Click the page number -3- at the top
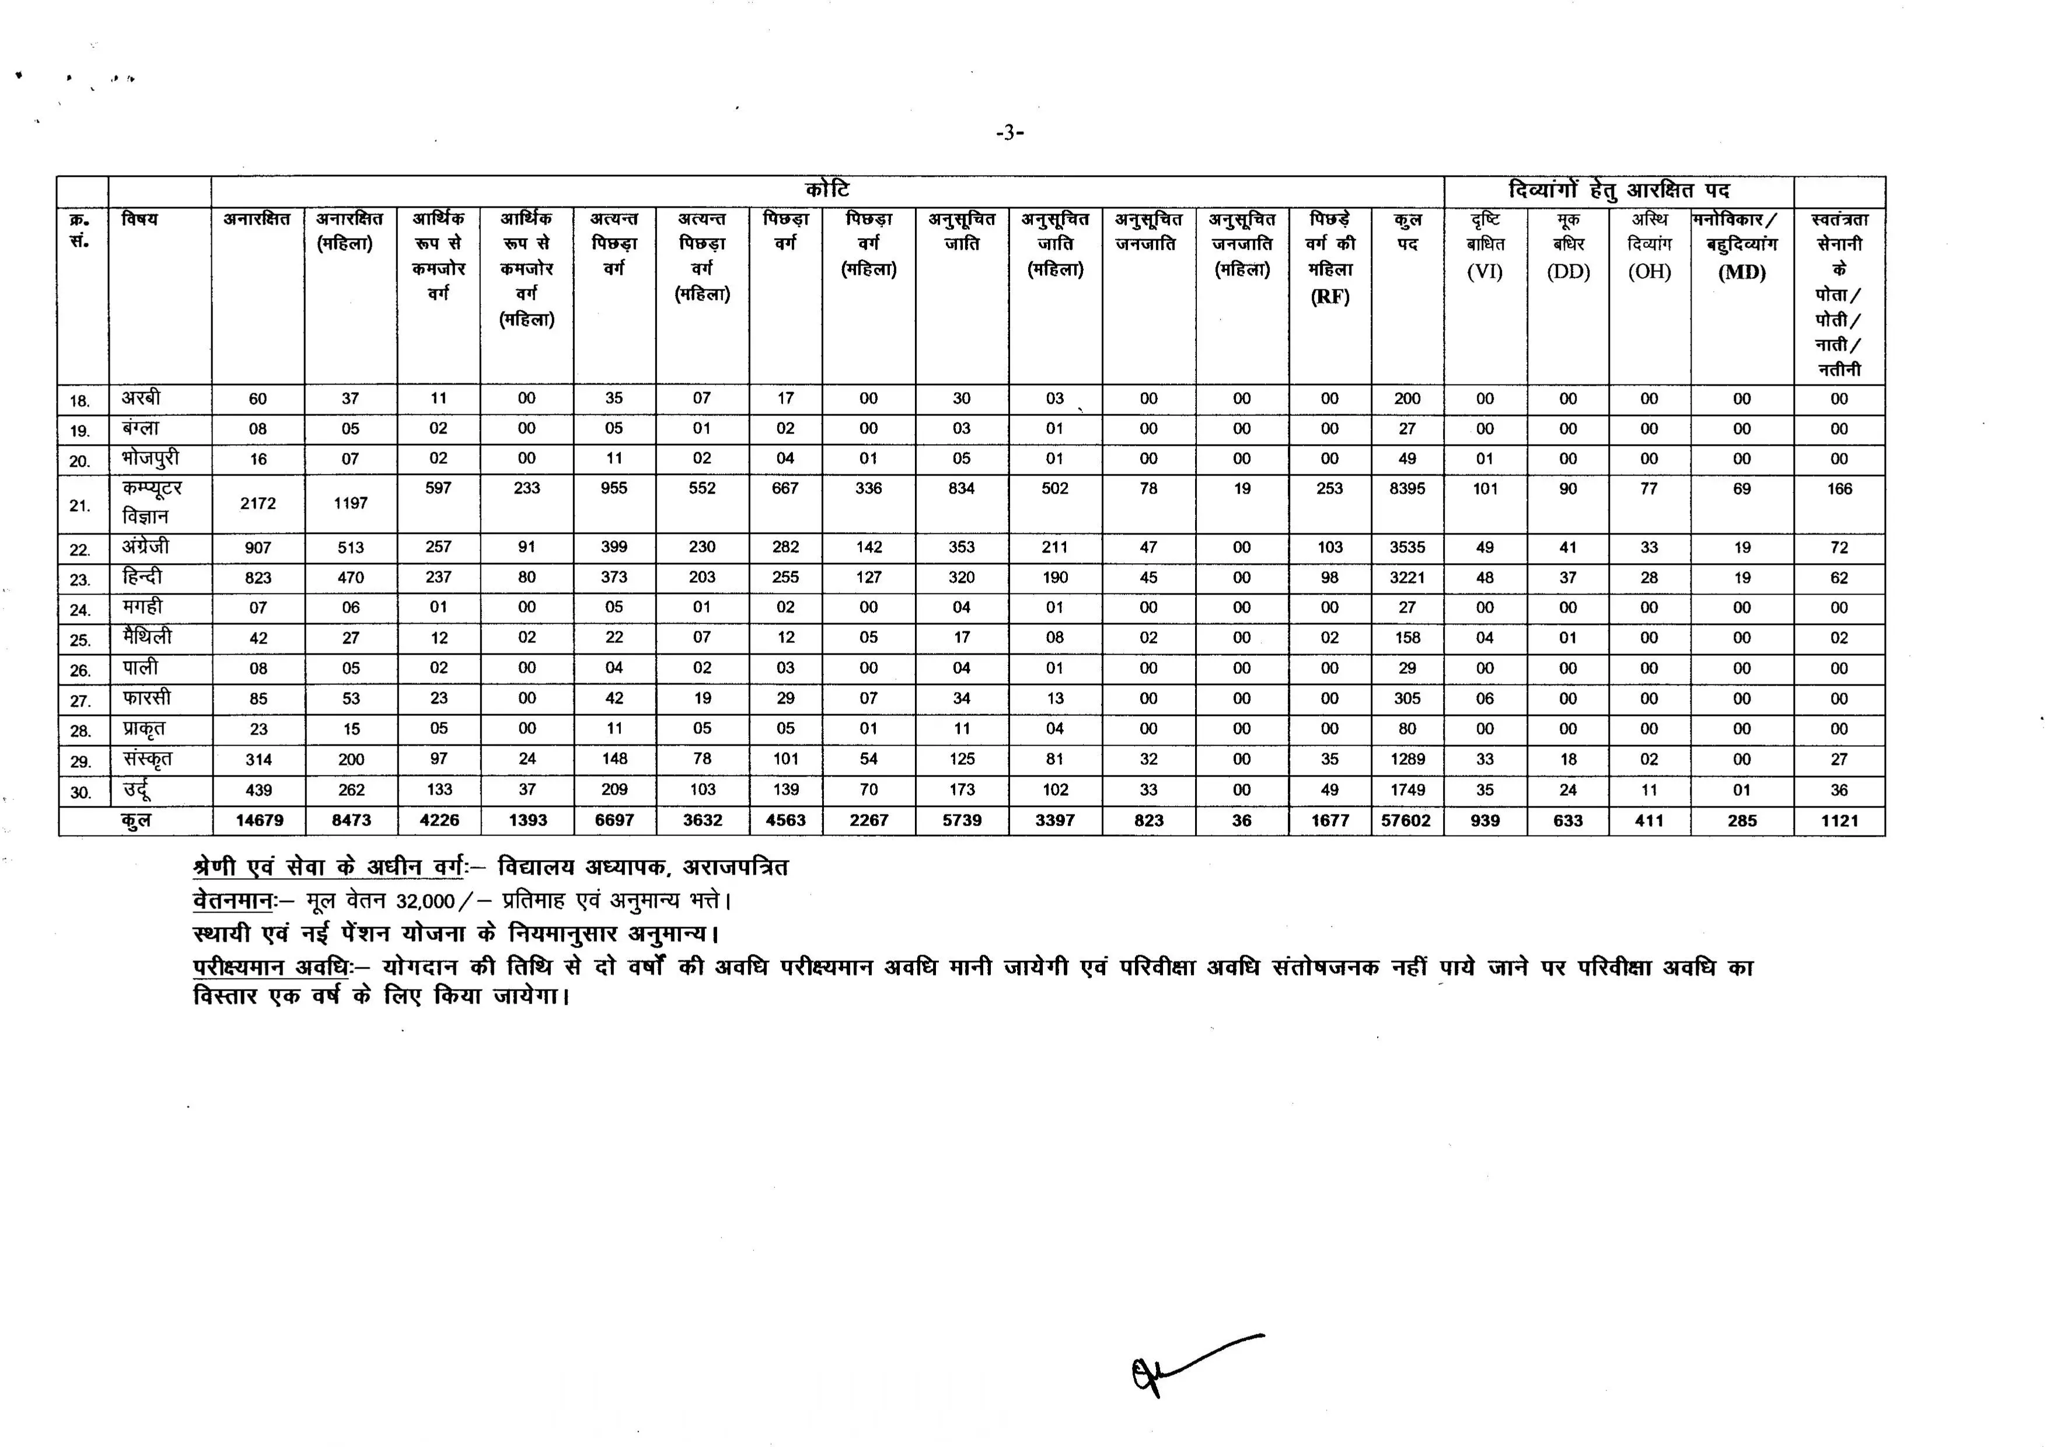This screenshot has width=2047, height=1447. click(1009, 134)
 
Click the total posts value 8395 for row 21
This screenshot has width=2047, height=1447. click(1407, 488)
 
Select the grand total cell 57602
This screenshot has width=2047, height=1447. click(1406, 820)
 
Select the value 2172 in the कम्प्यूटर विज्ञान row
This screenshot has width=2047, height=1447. click(258, 504)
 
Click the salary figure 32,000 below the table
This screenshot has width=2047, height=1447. click(426, 901)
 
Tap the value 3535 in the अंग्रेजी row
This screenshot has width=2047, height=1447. click(1407, 547)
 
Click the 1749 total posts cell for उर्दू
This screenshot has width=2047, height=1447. click(1407, 790)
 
